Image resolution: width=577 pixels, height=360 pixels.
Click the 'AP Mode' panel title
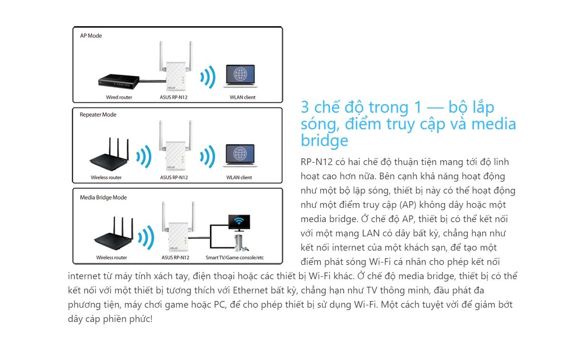[x=91, y=36]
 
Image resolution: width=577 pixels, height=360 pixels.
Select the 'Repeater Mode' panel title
[x=98, y=115]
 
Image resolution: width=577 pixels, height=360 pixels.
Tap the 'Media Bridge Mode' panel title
[x=103, y=197]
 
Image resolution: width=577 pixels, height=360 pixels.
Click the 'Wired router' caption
[x=119, y=97]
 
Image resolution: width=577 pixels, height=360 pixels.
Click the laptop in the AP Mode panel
[x=240, y=76]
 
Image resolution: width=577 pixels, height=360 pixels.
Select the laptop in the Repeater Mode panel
[x=240, y=157]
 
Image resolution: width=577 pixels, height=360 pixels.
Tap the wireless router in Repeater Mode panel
[x=109, y=155]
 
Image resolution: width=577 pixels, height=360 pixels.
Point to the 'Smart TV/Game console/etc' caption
[x=235, y=258]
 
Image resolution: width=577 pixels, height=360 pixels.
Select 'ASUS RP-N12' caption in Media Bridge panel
[x=176, y=258]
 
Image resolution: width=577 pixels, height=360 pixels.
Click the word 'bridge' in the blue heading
[x=324, y=140]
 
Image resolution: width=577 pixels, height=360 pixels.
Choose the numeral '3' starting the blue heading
[x=305, y=107]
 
